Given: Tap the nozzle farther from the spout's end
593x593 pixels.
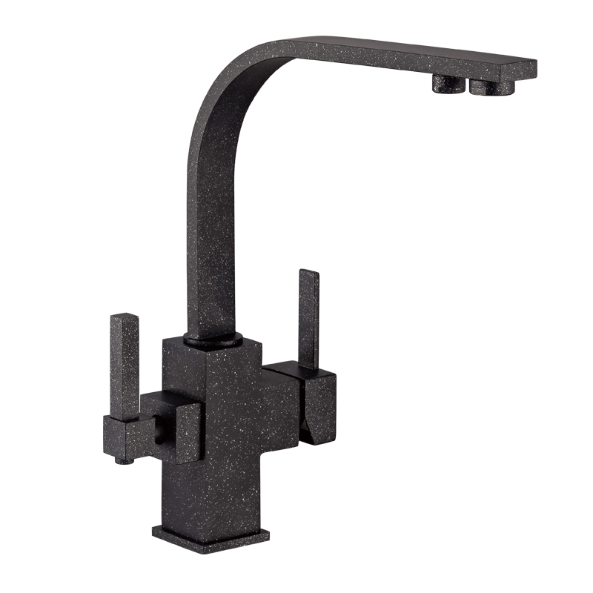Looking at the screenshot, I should [447, 83].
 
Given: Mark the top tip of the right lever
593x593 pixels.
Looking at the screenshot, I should [309, 273].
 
